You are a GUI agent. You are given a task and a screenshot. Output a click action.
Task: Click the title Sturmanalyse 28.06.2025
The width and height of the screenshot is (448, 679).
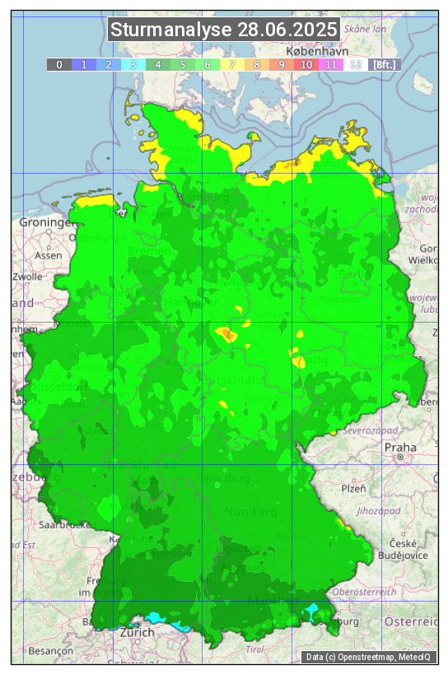click(224, 30)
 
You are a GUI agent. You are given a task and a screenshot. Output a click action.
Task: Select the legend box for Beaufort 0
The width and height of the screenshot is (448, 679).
click(59, 64)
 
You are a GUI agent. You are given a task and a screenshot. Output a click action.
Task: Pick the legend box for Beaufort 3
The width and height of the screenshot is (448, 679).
click(133, 64)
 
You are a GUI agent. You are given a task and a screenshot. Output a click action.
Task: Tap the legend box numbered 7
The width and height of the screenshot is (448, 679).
click(232, 64)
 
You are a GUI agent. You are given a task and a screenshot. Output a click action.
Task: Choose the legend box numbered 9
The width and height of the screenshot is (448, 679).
click(282, 64)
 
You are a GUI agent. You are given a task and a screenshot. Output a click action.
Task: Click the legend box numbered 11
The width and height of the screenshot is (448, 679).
click(331, 64)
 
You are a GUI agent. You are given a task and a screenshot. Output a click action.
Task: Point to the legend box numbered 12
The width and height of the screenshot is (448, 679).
click(356, 64)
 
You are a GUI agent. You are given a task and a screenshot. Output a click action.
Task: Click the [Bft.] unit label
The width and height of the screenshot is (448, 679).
click(384, 64)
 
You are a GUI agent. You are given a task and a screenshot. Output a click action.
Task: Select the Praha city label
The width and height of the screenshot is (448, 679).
click(400, 447)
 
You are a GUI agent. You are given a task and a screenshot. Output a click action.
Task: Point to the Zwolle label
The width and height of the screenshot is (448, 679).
click(27, 277)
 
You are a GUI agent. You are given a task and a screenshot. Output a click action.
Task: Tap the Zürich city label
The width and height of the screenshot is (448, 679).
click(137, 632)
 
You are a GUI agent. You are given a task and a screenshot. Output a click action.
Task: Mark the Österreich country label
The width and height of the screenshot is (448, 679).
click(411, 621)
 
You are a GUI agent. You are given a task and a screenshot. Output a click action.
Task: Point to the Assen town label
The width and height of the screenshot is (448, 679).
click(49, 255)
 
